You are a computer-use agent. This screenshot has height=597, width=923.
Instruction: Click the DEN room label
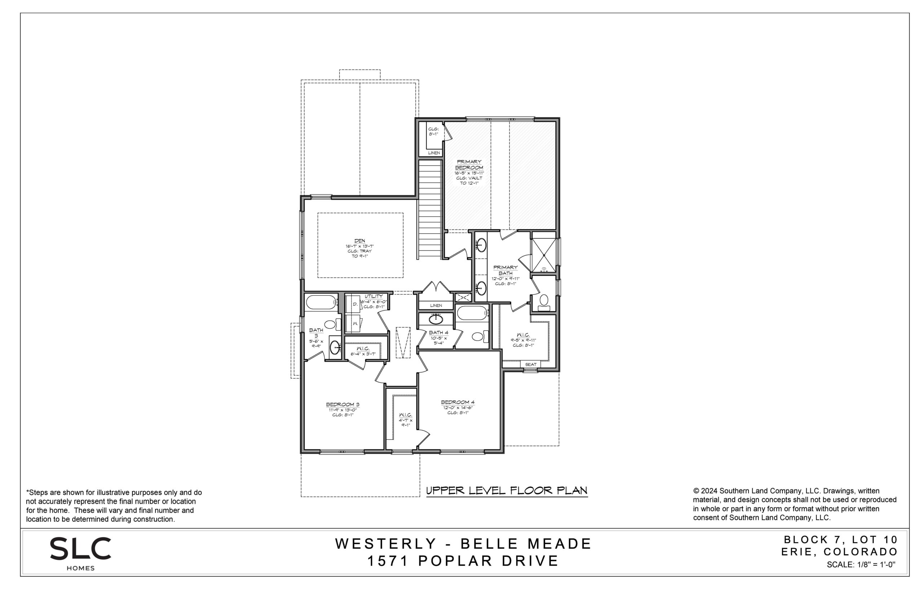point(359,241)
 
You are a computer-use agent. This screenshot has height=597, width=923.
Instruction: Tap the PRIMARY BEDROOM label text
point(469,164)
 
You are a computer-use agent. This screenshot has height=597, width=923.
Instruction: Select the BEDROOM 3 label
point(343,405)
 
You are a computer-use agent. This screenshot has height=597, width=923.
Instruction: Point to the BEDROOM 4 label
point(458,402)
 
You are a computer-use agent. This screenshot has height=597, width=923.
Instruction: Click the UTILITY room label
point(373,297)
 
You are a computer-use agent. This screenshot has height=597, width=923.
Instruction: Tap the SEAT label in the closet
point(530,364)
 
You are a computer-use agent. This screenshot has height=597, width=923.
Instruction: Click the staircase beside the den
point(430,209)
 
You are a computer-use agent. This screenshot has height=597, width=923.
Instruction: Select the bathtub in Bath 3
point(321,302)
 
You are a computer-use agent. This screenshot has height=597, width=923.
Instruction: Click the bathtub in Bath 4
point(472,313)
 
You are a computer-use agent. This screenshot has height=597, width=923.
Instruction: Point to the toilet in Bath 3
point(332,324)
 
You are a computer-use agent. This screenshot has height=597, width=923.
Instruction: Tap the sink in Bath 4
point(436,319)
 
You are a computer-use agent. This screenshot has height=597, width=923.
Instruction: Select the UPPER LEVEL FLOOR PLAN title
point(507,490)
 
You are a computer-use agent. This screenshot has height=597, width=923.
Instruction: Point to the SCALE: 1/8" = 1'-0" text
point(861,565)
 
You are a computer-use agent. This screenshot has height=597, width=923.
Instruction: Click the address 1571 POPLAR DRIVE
point(463,561)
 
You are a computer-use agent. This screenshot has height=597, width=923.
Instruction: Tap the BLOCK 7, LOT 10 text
point(841,539)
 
